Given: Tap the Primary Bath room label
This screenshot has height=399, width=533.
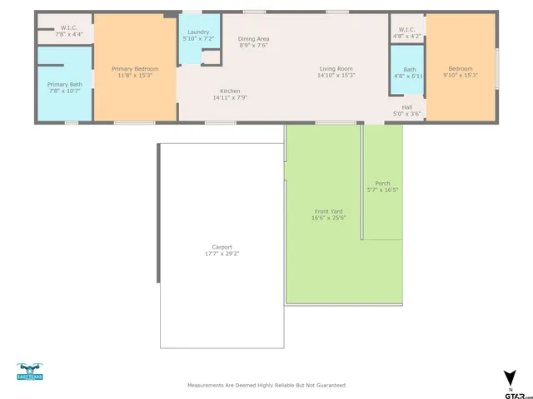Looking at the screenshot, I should click(64, 84).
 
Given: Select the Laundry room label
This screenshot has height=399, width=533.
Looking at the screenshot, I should click(197, 32).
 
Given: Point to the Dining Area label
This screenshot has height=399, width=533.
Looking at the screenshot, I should click(253, 39).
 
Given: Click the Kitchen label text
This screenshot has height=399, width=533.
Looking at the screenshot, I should click(230, 91).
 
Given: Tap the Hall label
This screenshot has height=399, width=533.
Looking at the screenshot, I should click(407, 106).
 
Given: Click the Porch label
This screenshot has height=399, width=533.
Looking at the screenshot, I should click(382, 183).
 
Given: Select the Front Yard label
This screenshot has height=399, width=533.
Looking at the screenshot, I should click(327, 211).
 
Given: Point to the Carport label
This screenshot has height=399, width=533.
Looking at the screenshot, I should click(222, 246).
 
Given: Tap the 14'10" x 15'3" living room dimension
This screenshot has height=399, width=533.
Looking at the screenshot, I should click(336, 76).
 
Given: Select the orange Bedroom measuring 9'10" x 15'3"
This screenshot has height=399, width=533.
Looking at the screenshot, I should click(460, 71).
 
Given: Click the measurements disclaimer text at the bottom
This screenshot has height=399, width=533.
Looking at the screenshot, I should click(266, 385).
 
